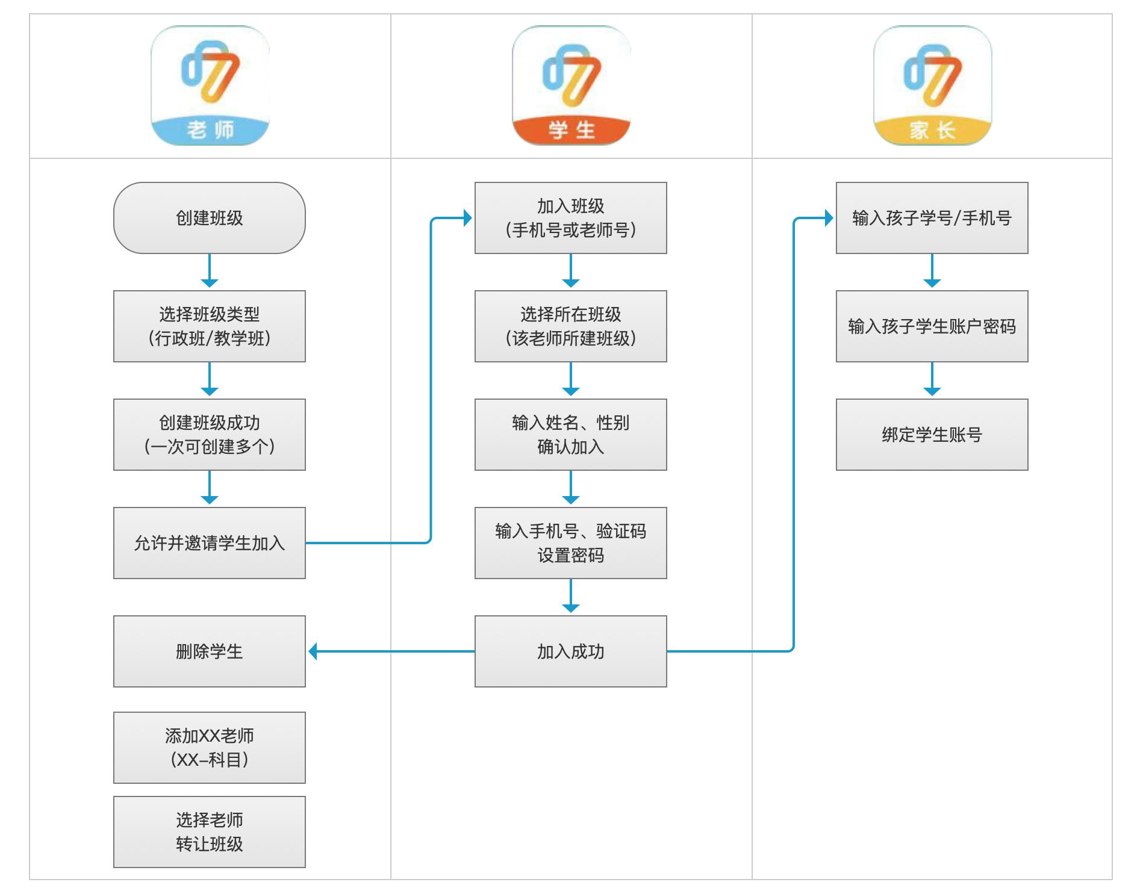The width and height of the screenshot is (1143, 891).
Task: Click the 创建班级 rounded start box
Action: point(210,218)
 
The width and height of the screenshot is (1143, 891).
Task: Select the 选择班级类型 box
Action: point(210,326)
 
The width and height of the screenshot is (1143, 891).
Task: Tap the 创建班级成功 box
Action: point(210,435)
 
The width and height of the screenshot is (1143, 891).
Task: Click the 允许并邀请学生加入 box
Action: point(210,543)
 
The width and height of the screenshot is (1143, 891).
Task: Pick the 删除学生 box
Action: point(210,651)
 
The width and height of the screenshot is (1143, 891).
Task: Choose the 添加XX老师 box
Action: point(210,748)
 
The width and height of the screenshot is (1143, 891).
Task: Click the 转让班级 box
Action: point(210,832)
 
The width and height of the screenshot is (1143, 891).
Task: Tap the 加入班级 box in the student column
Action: point(571,218)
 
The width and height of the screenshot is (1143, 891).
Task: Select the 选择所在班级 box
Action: point(571,326)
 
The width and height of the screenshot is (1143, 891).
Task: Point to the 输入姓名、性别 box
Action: point(571,435)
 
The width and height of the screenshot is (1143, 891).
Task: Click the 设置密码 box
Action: point(571,543)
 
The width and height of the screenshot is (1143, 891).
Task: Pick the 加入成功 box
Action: point(571,651)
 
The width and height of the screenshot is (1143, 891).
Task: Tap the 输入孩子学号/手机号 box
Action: point(932,218)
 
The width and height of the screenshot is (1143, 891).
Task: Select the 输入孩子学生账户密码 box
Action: point(932,326)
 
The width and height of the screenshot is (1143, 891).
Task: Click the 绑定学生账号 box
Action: point(932,435)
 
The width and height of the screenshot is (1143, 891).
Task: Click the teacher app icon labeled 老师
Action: point(210,85)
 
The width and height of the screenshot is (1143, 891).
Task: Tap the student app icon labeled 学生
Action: point(571,85)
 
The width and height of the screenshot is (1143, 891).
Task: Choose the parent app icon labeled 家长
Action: point(932,85)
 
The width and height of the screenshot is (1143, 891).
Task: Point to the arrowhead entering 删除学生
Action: point(313,651)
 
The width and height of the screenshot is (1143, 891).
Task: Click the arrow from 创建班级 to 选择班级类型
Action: point(210,271)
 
